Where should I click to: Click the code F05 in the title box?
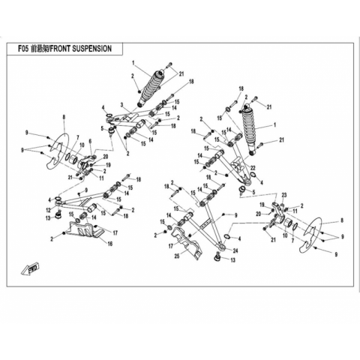24,49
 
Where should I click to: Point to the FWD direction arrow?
29,268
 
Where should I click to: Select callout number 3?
121,104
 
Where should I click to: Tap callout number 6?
90,141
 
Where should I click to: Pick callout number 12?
49,210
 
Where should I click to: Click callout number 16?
110,244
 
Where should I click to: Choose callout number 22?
253,167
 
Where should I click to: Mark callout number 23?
284,195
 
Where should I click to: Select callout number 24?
235,251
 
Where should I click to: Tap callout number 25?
177,256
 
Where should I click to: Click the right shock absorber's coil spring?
250,129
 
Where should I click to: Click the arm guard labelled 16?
85,229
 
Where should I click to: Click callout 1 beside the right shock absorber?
275,124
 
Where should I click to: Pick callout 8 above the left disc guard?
64,116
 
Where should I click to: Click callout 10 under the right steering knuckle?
285,235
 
